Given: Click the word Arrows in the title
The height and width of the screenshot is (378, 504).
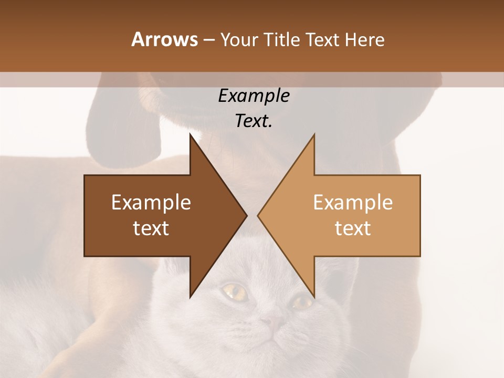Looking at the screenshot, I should (164, 39).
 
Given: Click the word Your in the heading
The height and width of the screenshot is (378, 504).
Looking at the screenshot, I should (239, 40).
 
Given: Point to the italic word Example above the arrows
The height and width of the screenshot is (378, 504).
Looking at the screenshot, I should (254, 96).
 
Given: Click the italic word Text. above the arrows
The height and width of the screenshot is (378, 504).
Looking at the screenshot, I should (254, 121).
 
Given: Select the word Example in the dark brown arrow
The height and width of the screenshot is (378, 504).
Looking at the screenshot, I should (151, 203).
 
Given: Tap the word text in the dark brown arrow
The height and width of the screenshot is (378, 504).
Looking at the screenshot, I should (151, 228).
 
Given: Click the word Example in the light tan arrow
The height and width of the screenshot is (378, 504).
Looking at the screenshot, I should (353, 203).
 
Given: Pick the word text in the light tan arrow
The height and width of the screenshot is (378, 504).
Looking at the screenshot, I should (353, 228).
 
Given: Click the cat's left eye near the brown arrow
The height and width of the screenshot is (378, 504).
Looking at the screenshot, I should (235, 292).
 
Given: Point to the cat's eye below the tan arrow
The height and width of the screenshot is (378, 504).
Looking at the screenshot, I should (302, 301).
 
